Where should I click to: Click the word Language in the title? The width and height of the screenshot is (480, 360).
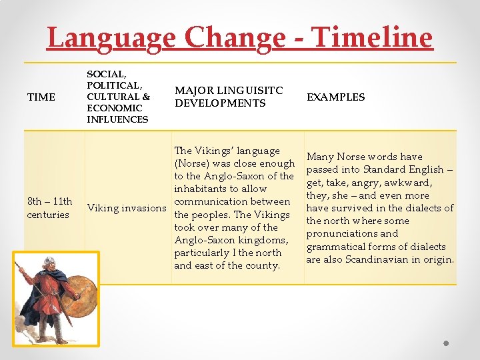click(110, 38)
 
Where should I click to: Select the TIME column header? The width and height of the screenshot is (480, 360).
click(41, 97)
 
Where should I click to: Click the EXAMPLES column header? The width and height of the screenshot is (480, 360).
click(335, 97)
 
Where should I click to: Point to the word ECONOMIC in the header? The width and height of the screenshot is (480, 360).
click(114, 108)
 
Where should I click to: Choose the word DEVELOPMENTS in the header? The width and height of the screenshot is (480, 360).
click(220, 103)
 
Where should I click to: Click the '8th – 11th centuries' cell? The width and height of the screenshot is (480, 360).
click(49, 208)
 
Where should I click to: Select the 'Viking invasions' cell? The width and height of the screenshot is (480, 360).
click(127, 208)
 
